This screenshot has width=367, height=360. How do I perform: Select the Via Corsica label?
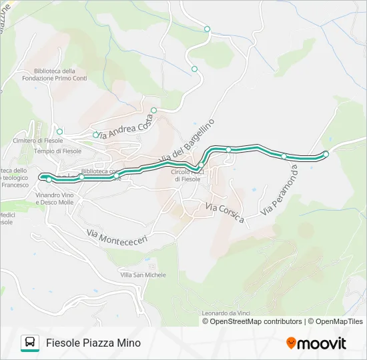coord(225,213)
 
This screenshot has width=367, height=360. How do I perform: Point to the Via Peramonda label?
coord(279,191)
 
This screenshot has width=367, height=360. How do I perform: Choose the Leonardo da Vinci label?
coord(229,313)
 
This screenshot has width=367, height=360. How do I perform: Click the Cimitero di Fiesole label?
coord(37,141)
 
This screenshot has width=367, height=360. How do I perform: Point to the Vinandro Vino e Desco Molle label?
coord(55,198)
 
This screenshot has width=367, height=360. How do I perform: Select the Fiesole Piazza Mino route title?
coord(93,343)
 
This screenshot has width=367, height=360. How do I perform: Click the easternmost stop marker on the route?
coord(326,154)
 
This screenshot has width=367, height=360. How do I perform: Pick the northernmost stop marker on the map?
coord(207,29)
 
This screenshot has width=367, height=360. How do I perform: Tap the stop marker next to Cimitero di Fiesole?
coord(59,131)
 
